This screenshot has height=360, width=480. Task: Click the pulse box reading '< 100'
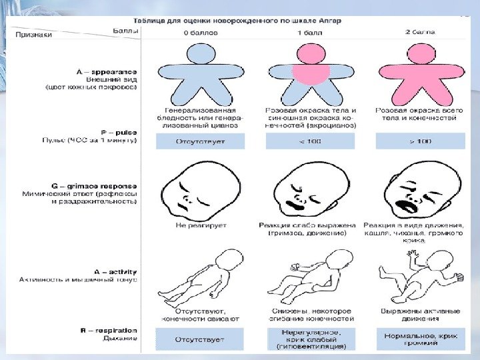click(x=310, y=141)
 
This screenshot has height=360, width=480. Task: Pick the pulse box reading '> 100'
click(x=421, y=141)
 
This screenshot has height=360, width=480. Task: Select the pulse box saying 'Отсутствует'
click(x=200, y=141)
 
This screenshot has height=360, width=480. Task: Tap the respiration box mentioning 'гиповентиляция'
click(x=310, y=339)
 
